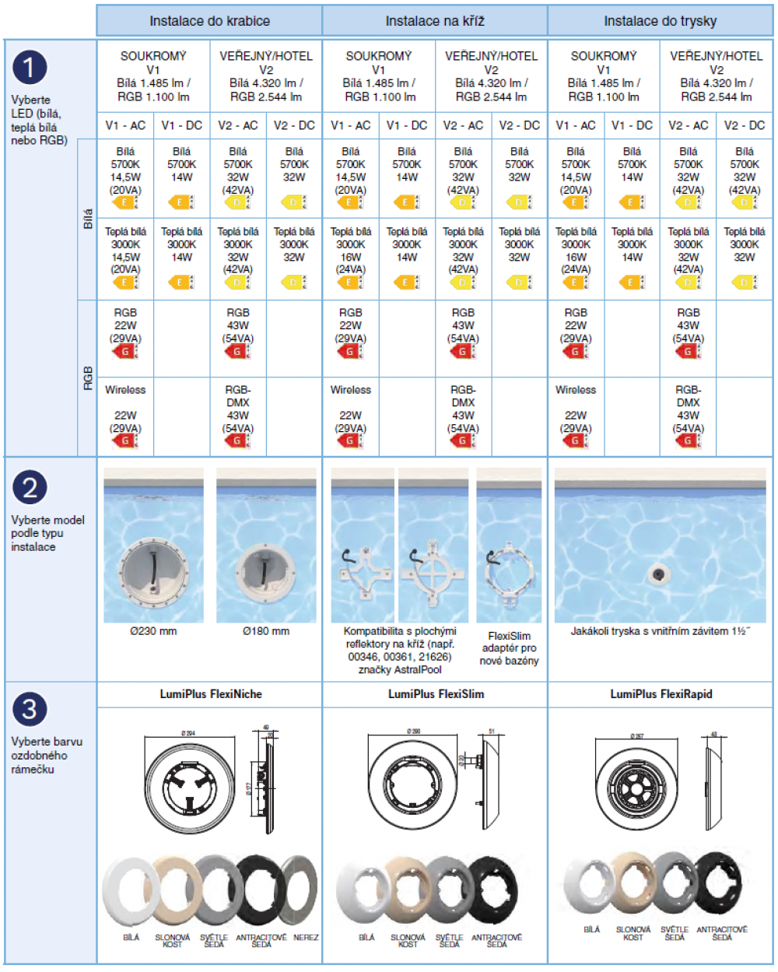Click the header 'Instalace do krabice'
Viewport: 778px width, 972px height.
pyautogui.click(x=209, y=21)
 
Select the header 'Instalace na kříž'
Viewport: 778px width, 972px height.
pyautogui.click(x=435, y=21)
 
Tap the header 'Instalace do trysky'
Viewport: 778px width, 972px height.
pyautogui.click(x=661, y=21)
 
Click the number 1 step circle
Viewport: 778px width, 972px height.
pyautogui.click(x=30, y=68)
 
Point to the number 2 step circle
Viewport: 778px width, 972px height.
pyautogui.click(x=30, y=488)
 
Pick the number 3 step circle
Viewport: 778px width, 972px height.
pyautogui.click(x=30, y=709)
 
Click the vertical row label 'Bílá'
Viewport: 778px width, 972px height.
pyautogui.click(x=88, y=219)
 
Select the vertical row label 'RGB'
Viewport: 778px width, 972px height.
pyautogui.click(x=88, y=378)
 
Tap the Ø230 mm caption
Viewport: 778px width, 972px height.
pyautogui.click(x=153, y=631)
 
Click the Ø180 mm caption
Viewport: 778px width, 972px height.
pyautogui.click(x=266, y=631)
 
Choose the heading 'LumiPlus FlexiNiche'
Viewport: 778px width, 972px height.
pyautogui.click(x=211, y=694)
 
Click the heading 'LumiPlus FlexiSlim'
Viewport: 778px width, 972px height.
pyautogui.click(x=436, y=694)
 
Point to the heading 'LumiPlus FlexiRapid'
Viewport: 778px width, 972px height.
pyautogui.click(x=661, y=694)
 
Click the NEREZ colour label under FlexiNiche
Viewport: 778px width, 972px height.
pyautogui.click(x=306, y=938)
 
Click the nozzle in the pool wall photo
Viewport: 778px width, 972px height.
pyautogui.click(x=657, y=574)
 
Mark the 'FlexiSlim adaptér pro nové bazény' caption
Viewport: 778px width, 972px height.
pyautogui.click(x=509, y=648)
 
